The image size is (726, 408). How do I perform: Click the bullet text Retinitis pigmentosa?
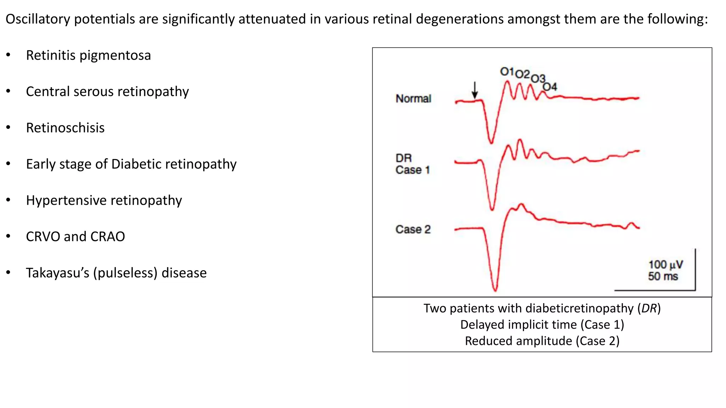coord(88,56)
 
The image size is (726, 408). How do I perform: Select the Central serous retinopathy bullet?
coord(107,92)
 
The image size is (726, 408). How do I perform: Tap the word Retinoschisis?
coord(65,128)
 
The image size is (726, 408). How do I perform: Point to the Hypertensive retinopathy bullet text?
coord(104,200)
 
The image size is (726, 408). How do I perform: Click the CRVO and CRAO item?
coord(76,237)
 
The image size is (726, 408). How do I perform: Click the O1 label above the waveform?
coord(507,72)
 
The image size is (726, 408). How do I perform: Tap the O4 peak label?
coord(550,86)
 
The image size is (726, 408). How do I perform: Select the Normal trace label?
coord(413,98)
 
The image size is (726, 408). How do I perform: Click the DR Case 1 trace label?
coord(413,164)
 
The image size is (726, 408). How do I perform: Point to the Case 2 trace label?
coord(413,229)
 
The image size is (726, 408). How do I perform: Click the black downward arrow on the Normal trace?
coord(475,90)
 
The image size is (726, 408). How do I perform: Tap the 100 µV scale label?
coord(665,265)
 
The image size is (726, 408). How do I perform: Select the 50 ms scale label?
coord(663,276)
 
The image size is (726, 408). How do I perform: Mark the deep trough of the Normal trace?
coord(491,142)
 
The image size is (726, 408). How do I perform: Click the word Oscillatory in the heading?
coord(38,19)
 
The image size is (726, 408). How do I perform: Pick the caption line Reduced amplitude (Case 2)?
coord(542,341)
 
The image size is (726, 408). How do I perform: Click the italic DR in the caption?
coord(649,308)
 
